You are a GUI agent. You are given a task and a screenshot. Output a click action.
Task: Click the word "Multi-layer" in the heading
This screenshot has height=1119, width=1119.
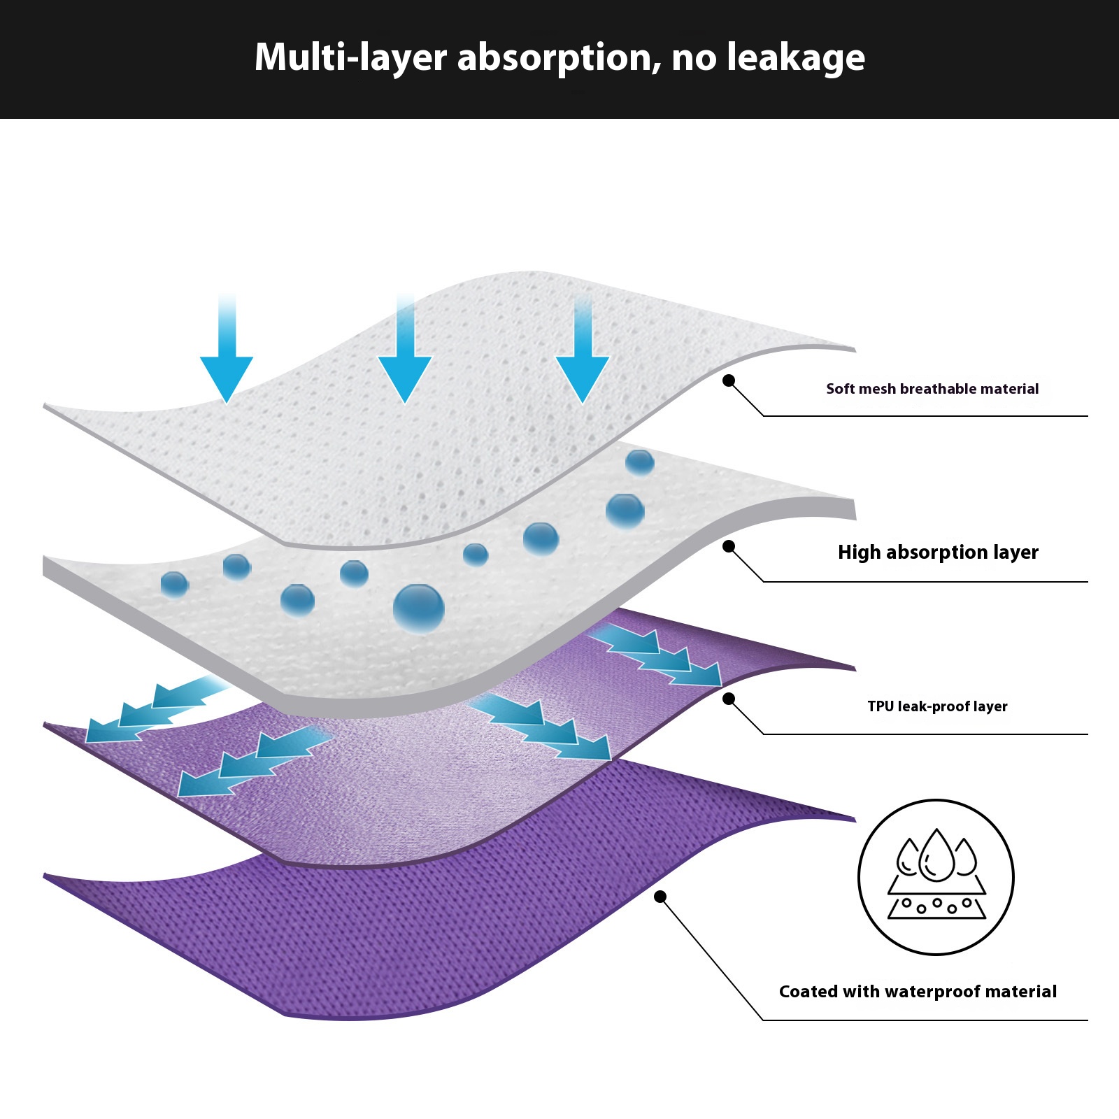click(x=350, y=57)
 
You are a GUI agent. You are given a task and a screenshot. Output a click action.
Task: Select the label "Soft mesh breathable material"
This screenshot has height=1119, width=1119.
click(x=932, y=389)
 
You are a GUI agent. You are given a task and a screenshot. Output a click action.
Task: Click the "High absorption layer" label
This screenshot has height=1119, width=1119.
click(x=938, y=553)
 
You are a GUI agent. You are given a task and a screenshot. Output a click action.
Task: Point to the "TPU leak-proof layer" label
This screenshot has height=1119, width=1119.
click(x=937, y=706)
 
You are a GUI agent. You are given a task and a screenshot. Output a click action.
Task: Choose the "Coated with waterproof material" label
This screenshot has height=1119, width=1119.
click(x=918, y=992)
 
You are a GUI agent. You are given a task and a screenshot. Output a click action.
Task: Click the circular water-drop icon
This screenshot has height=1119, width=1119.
click(x=936, y=877)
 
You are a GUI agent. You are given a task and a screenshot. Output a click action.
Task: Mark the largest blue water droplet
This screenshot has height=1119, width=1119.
click(x=418, y=608)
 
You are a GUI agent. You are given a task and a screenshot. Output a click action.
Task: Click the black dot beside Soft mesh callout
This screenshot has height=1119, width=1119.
click(x=729, y=380)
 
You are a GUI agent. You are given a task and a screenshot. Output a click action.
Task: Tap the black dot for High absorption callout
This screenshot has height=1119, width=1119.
click(x=729, y=546)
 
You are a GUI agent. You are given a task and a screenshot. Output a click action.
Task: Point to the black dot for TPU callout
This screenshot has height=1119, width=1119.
click(x=729, y=699)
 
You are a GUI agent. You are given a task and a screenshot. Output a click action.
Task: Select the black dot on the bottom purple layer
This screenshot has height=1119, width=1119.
click(x=660, y=897)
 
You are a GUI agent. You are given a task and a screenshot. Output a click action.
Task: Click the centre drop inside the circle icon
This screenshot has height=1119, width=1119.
click(x=936, y=856)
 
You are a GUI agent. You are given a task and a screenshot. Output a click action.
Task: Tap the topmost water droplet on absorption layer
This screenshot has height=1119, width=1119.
click(x=639, y=462)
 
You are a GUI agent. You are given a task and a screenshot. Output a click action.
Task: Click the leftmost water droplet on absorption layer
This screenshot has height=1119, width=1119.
click(x=174, y=584)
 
